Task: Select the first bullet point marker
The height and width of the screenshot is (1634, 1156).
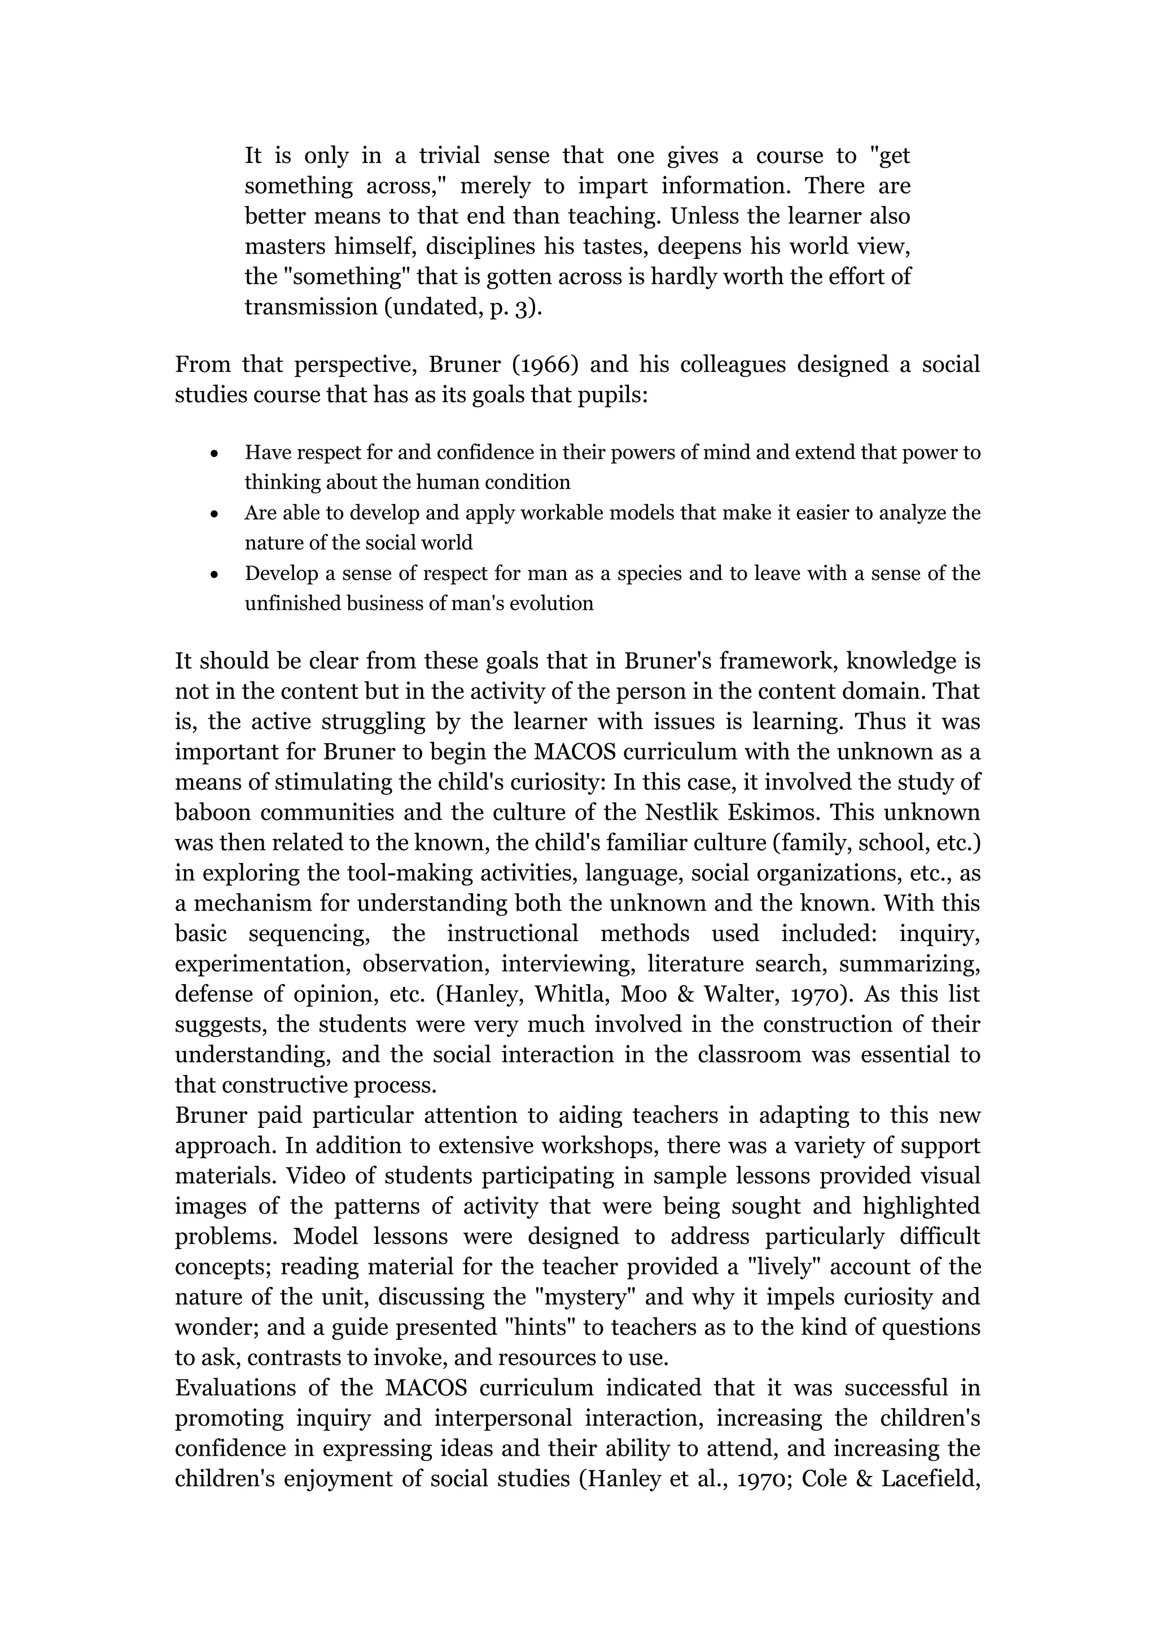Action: (x=214, y=453)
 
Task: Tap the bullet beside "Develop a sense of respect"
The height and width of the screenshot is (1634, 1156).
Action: (x=214, y=574)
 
